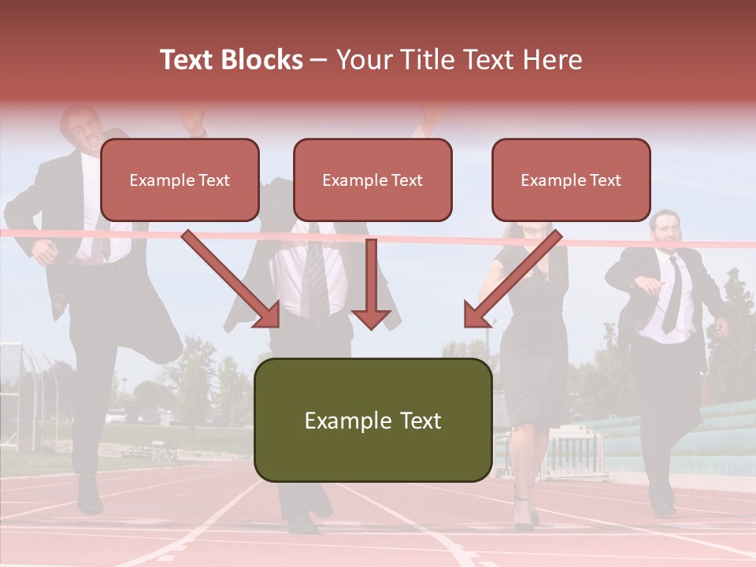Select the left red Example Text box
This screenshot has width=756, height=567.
180,180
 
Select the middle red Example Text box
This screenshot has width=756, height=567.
372,180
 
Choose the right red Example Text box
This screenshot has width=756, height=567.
571,180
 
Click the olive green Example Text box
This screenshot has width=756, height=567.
372,420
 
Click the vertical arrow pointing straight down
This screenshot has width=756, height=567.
371,283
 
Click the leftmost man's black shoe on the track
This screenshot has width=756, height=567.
89,495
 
